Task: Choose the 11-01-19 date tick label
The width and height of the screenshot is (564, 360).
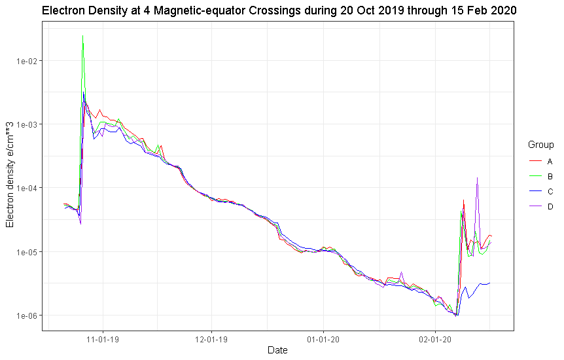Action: (103, 340)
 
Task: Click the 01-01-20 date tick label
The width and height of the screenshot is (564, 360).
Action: (323, 340)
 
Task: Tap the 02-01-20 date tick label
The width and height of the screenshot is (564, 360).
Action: (434, 340)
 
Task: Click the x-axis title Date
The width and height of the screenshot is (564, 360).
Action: (277, 351)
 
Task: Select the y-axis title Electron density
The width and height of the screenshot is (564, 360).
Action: (10, 175)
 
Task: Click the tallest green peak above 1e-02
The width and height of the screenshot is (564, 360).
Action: (83, 36)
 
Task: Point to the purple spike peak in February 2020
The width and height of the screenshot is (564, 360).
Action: (478, 177)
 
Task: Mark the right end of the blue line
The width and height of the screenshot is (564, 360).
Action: (490, 283)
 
